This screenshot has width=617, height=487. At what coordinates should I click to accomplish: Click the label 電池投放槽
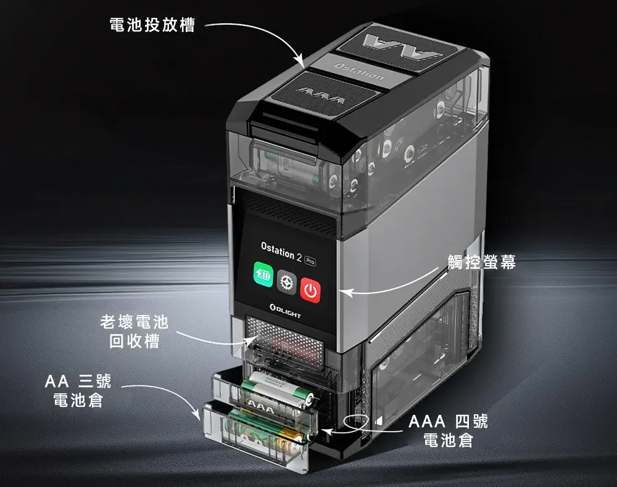tap(152, 25)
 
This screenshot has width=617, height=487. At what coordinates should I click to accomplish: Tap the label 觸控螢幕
tap(482, 262)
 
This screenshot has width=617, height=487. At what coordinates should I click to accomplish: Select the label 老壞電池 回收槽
tap(135, 332)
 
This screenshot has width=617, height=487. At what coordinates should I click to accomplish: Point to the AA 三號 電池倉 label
tap(78, 391)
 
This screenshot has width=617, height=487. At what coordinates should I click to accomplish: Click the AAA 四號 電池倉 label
tap(448, 431)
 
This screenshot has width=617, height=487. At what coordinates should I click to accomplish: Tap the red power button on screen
tap(310, 290)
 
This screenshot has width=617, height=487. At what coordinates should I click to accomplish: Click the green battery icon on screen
tap(263, 274)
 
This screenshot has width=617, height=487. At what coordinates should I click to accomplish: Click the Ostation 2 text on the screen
tap(281, 252)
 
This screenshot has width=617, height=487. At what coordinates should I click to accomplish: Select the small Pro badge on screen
tap(310, 261)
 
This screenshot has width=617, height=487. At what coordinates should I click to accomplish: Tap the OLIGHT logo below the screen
tap(285, 311)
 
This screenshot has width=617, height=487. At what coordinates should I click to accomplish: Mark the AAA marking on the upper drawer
tap(260, 408)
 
